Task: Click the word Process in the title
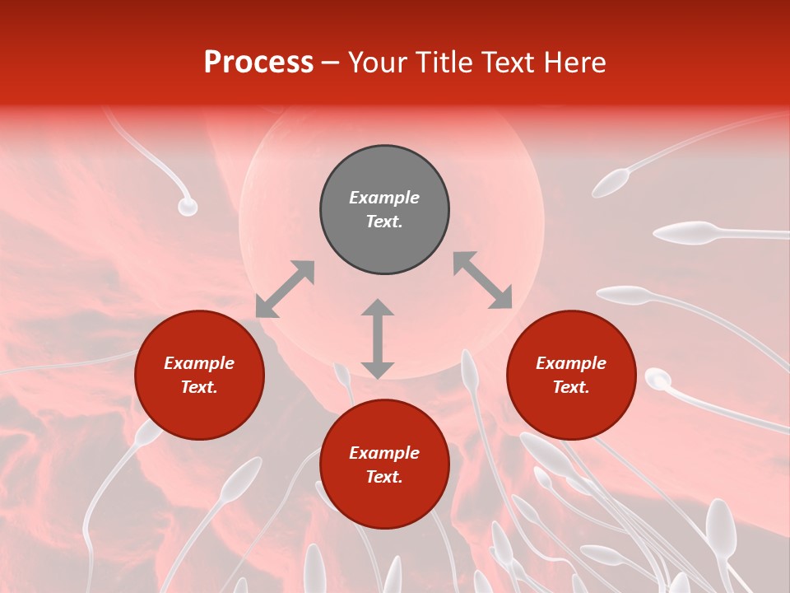click(258, 63)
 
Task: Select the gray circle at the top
click(384, 210)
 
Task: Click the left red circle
click(199, 376)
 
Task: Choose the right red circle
click(571, 376)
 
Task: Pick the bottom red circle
click(384, 465)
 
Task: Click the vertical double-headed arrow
click(378, 339)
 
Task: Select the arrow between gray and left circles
click(285, 289)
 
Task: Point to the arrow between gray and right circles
click(482, 280)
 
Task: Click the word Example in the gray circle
click(384, 198)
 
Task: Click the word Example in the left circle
click(199, 363)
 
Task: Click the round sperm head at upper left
click(188, 207)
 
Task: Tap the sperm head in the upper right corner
click(611, 183)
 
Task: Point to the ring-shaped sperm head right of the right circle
click(658, 380)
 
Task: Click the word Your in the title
click(378, 63)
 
